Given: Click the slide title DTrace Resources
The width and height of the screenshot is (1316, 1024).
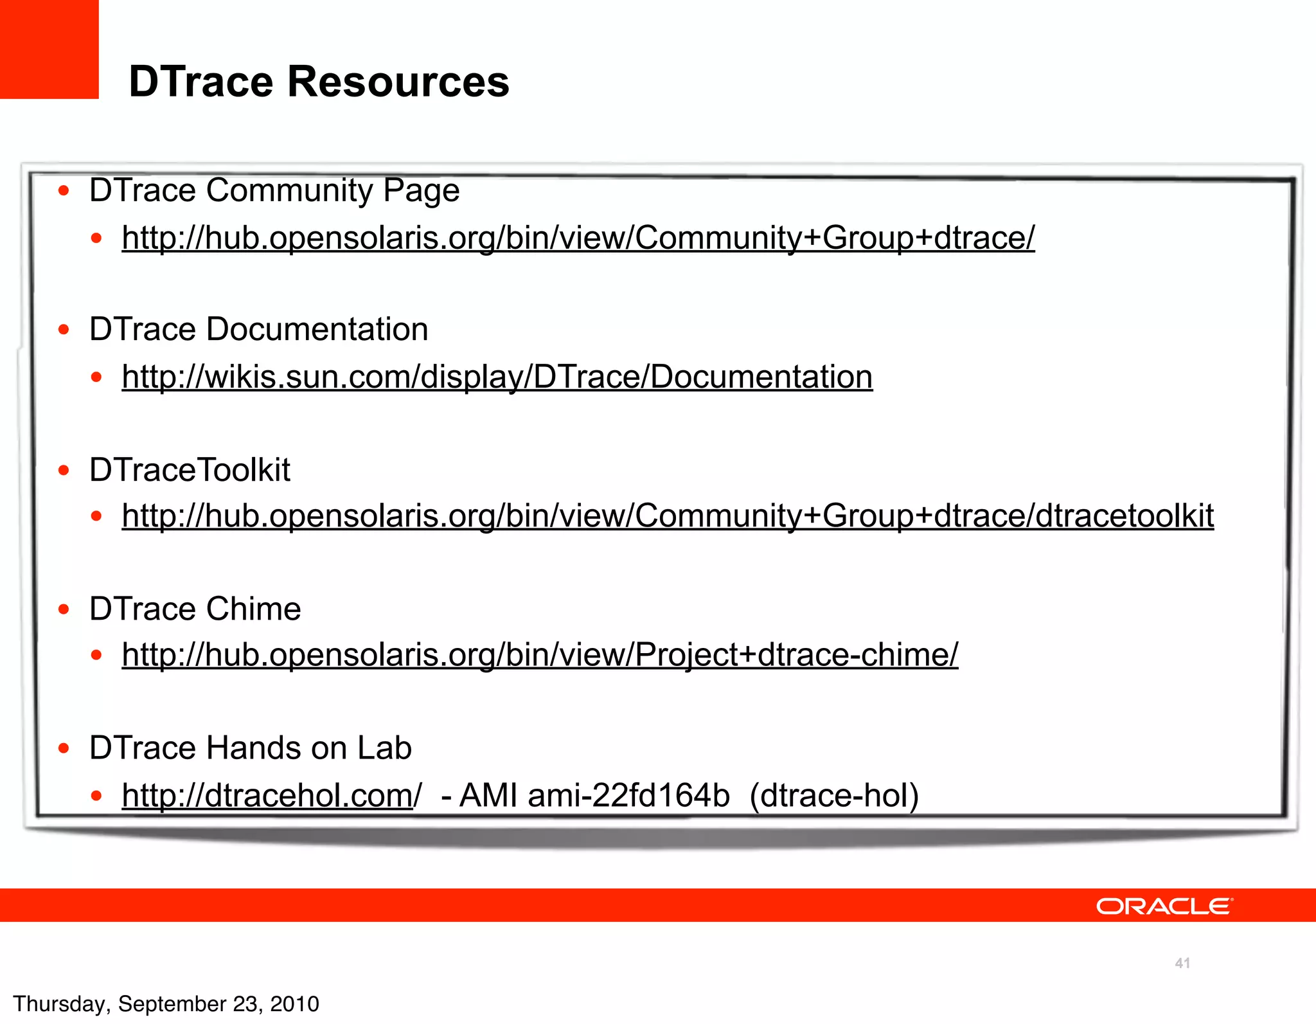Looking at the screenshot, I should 319,82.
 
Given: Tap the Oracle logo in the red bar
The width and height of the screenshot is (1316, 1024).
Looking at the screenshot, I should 1164,906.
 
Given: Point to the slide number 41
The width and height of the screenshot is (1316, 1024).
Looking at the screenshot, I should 1182,963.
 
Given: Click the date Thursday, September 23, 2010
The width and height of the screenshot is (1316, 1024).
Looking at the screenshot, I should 166,1003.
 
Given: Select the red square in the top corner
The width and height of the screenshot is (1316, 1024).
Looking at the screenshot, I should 49,49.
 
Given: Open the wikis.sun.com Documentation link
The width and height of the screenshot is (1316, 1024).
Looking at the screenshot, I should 497,377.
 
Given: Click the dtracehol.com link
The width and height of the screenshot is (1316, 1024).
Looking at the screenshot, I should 271,795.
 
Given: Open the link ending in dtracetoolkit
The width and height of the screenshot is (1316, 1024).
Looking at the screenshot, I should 668,516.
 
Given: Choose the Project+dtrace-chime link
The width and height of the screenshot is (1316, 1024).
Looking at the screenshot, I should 540,654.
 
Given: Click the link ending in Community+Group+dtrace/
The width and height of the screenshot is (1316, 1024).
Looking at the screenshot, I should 578,237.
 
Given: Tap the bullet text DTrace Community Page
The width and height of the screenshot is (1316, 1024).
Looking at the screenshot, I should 274,190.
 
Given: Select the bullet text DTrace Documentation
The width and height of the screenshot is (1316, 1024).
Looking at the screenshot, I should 258,329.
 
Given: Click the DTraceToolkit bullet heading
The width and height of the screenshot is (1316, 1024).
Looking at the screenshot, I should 190,469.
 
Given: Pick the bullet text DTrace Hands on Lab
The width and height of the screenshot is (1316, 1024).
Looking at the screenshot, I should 250,748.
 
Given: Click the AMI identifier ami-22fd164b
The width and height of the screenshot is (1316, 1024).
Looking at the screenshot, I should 628,795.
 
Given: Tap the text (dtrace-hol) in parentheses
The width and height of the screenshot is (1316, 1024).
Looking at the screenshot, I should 834,795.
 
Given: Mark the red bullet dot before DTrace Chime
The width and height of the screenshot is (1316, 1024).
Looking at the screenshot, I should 64,609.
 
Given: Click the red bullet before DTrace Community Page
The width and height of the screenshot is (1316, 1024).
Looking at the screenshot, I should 64,190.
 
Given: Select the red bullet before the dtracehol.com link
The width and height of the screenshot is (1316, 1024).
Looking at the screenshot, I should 96,796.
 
